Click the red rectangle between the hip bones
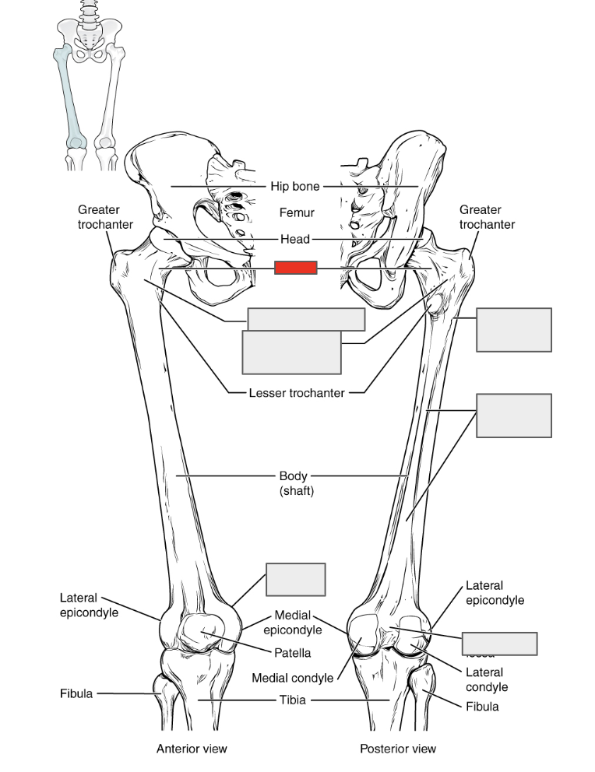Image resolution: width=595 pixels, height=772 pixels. pyautogui.click(x=295, y=268)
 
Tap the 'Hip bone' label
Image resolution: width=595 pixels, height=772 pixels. pyautogui.click(x=295, y=187)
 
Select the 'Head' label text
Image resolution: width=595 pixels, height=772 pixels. pyautogui.click(x=295, y=239)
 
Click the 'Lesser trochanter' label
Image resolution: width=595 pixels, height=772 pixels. pyautogui.click(x=296, y=393)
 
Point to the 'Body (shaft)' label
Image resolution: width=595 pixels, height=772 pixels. pyautogui.click(x=296, y=482)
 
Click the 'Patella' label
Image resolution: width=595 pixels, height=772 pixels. pyautogui.click(x=292, y=653)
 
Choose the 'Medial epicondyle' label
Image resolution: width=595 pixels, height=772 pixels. pyautogui.click(x=293, y=623)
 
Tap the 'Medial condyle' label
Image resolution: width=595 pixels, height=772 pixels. pyautogui.click(x=292, y=678)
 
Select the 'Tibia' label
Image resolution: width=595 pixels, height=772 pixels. pyautogui.click(x=293, y=700)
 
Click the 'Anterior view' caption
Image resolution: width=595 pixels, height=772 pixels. pyautogui.click(x=192, y=749)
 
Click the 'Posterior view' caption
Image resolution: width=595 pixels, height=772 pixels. pyautogui.click(x=397, y=749)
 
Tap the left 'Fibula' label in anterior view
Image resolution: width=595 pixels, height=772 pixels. pyautogui.click(x=76, y=693)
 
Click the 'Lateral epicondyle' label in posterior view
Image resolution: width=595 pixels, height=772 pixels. pyautogui.click(x=495, y=592)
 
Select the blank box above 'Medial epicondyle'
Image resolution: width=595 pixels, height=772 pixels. pyautogui.click(x=295, y=580)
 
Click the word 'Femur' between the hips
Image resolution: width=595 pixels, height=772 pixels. pyautogui.click(x=297, y=212)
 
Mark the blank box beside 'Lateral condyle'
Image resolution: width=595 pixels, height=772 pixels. pyautogui.click(x=499, y=644)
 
